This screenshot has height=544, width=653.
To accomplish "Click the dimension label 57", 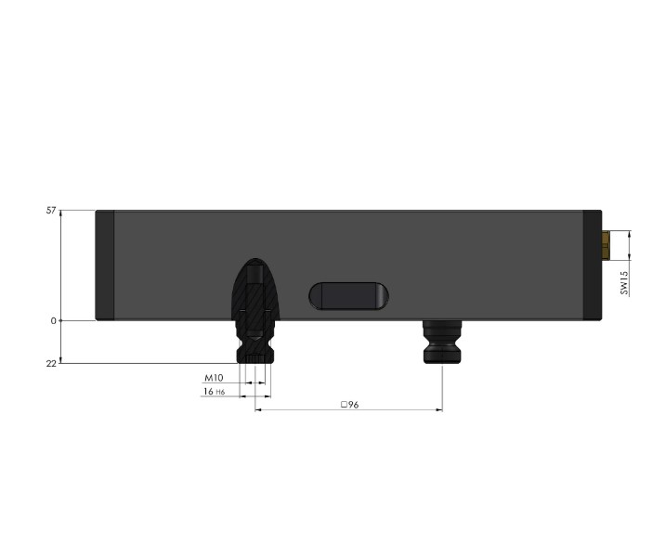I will pos(52,211).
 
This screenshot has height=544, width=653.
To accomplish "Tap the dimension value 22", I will pos(52,363).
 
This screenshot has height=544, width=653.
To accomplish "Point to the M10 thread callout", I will pos(215,379).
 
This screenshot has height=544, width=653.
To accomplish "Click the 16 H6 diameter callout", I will pos(214,393).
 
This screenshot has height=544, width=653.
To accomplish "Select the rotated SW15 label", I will pos(625,282).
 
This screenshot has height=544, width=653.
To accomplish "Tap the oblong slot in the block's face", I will pos(348,296).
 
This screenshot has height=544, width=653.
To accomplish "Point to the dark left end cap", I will pos(105,266).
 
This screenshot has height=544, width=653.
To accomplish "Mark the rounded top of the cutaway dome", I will pos(255,263).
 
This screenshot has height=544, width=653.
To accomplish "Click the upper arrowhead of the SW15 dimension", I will pos(630,234).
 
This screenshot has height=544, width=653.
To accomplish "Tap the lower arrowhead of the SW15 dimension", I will pos(630,257).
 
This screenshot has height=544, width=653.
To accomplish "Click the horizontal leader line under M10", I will pos(223,385).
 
